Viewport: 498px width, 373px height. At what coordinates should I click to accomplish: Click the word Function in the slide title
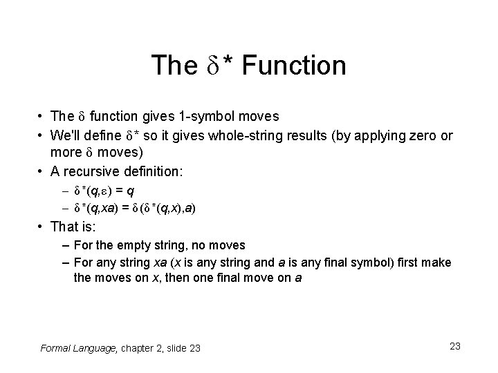click(294, 66)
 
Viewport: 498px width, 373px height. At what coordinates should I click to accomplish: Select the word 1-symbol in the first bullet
click(211, 116)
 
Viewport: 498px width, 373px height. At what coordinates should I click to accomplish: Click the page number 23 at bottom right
click(454, 346)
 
